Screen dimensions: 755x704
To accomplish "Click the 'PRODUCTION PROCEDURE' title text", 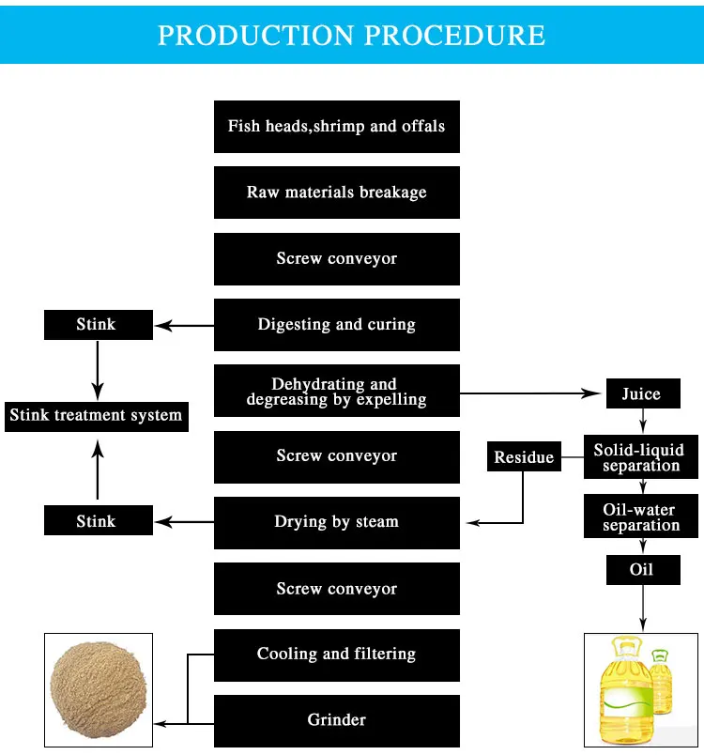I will click(x=351, y=35).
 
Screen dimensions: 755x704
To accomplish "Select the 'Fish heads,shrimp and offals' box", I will click(x=337, y=126).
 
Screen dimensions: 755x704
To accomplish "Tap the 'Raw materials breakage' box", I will click(x=337, y=193).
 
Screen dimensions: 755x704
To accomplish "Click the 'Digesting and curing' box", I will click(x=337, y=325).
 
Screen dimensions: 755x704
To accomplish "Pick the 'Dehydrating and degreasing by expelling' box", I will click(x=337, y=392).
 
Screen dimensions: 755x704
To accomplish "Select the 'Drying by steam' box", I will click(x=337, y=522).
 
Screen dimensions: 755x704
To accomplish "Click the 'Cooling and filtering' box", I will click(x=337, y=655).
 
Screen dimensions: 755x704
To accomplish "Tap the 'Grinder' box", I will click(x=337, y=720).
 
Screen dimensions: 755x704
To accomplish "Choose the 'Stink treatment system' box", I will click(x=96, y=415).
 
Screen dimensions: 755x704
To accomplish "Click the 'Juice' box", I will click(x=641, y=394).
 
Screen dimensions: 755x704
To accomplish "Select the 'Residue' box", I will click(x=524, y=457).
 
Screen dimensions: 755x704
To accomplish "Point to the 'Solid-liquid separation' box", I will click(x=641, y=458).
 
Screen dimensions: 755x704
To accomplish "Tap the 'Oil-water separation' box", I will click(x=641, y=517).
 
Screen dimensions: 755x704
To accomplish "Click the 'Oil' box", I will click(x=641, y=569).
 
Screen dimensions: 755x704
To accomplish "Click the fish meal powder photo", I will click(x=98, y=689).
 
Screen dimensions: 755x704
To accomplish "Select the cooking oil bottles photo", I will click(x=641, y=690).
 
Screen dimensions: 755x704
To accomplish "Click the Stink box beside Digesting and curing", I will click(x=96, y=325).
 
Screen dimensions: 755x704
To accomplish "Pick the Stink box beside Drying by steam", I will click(x=96, y=522).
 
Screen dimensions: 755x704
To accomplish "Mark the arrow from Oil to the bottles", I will click(x=642, y=606).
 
